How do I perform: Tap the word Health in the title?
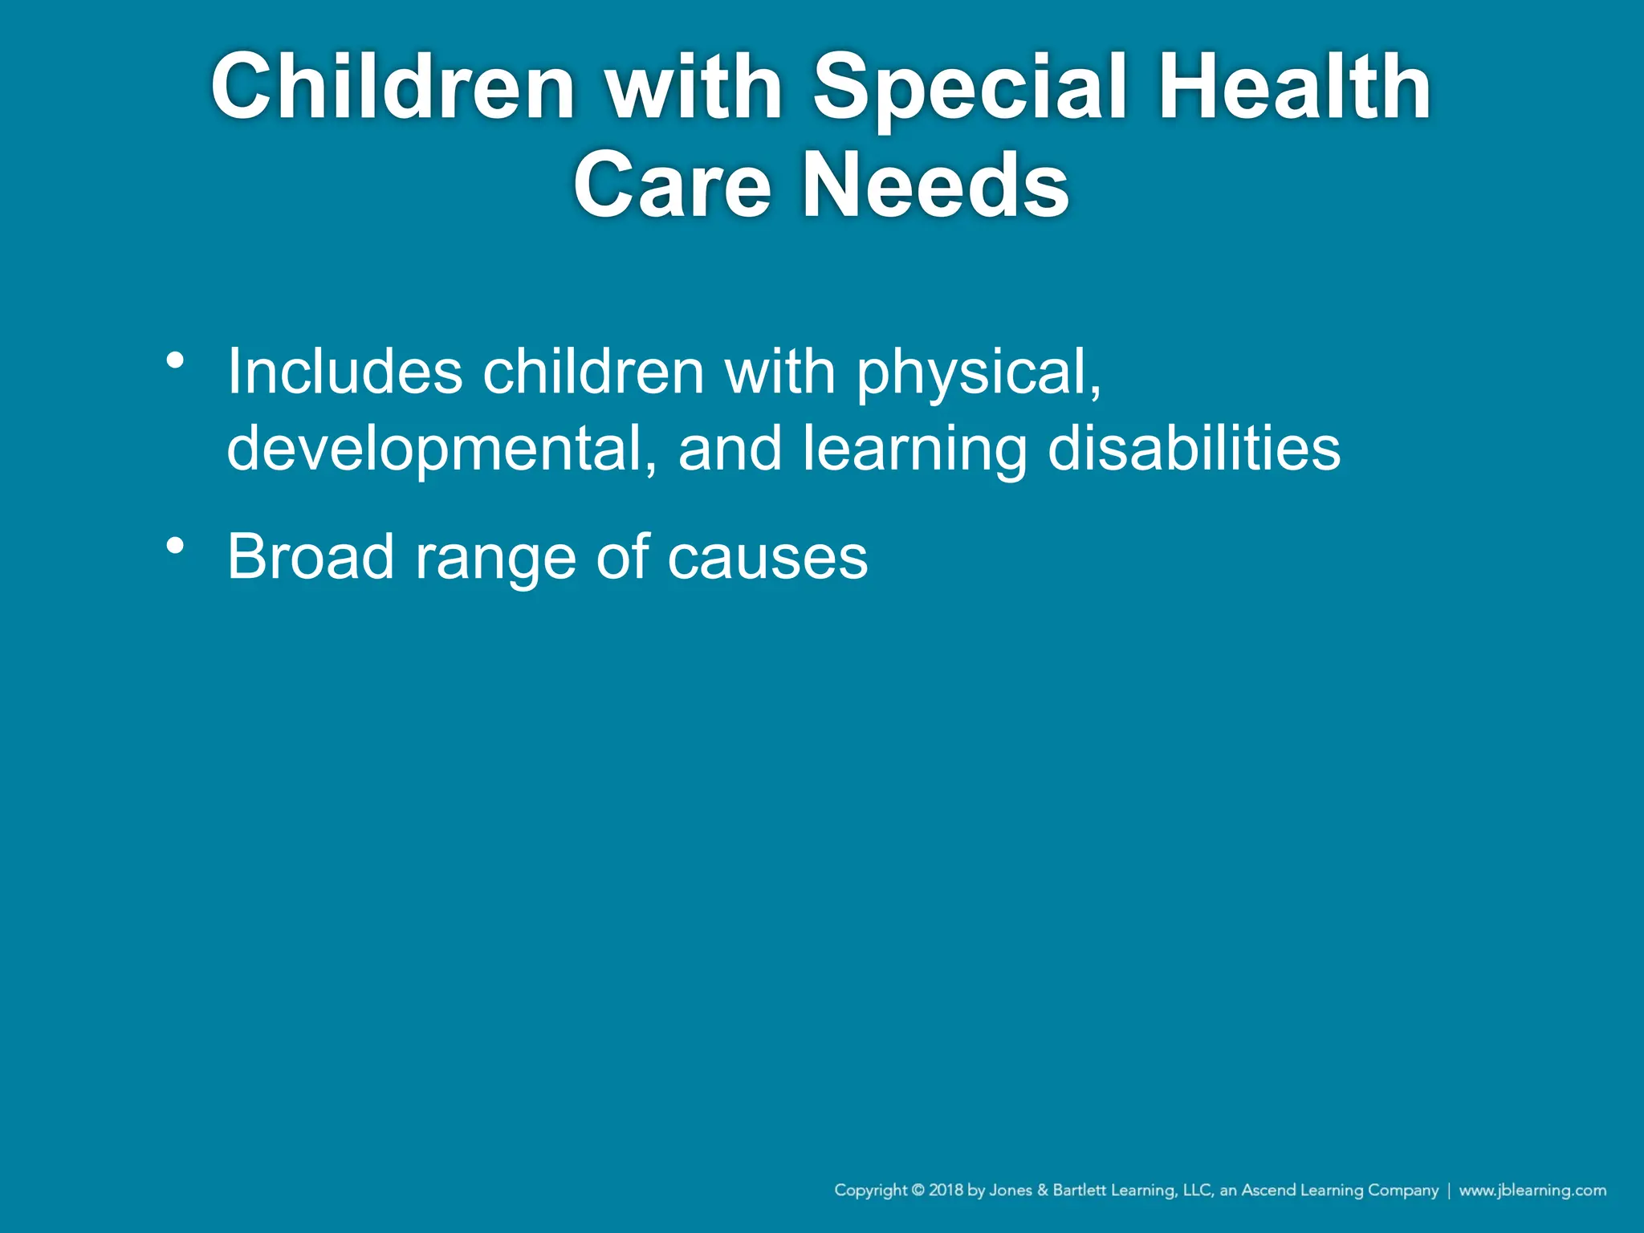click(1293, 86)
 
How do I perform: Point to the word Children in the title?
click(393, 86)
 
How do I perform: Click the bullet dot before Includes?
click(175, 360)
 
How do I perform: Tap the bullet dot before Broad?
click(175, 547)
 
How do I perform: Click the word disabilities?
click(1194, 447)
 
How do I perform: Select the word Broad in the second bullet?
click(311, 556)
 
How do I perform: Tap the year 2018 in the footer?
click(946, 1190)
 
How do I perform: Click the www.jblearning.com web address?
click(1532, 1190)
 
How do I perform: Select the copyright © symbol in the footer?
click(918, 1190)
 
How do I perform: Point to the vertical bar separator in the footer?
click(1449, 1190)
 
